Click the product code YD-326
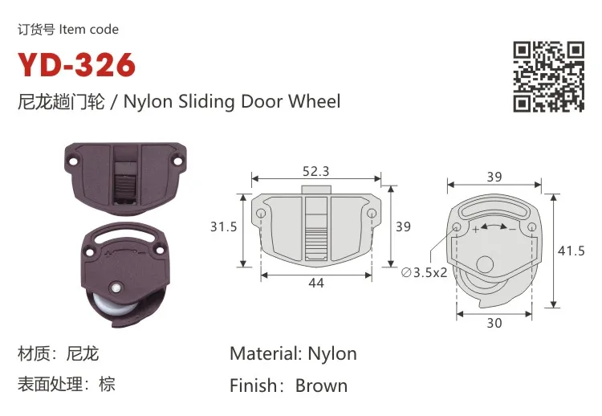point(77,65)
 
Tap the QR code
point(549,76)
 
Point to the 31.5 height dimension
point(224,227)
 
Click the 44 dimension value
point(316,283)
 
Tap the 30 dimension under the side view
point(494,323)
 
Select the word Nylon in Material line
point(332,353)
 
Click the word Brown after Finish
point(321,385)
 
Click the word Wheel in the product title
point(315,102)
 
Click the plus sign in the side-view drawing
point(476,230)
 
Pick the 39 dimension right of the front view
point(403,227)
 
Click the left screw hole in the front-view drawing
point(262,214)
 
